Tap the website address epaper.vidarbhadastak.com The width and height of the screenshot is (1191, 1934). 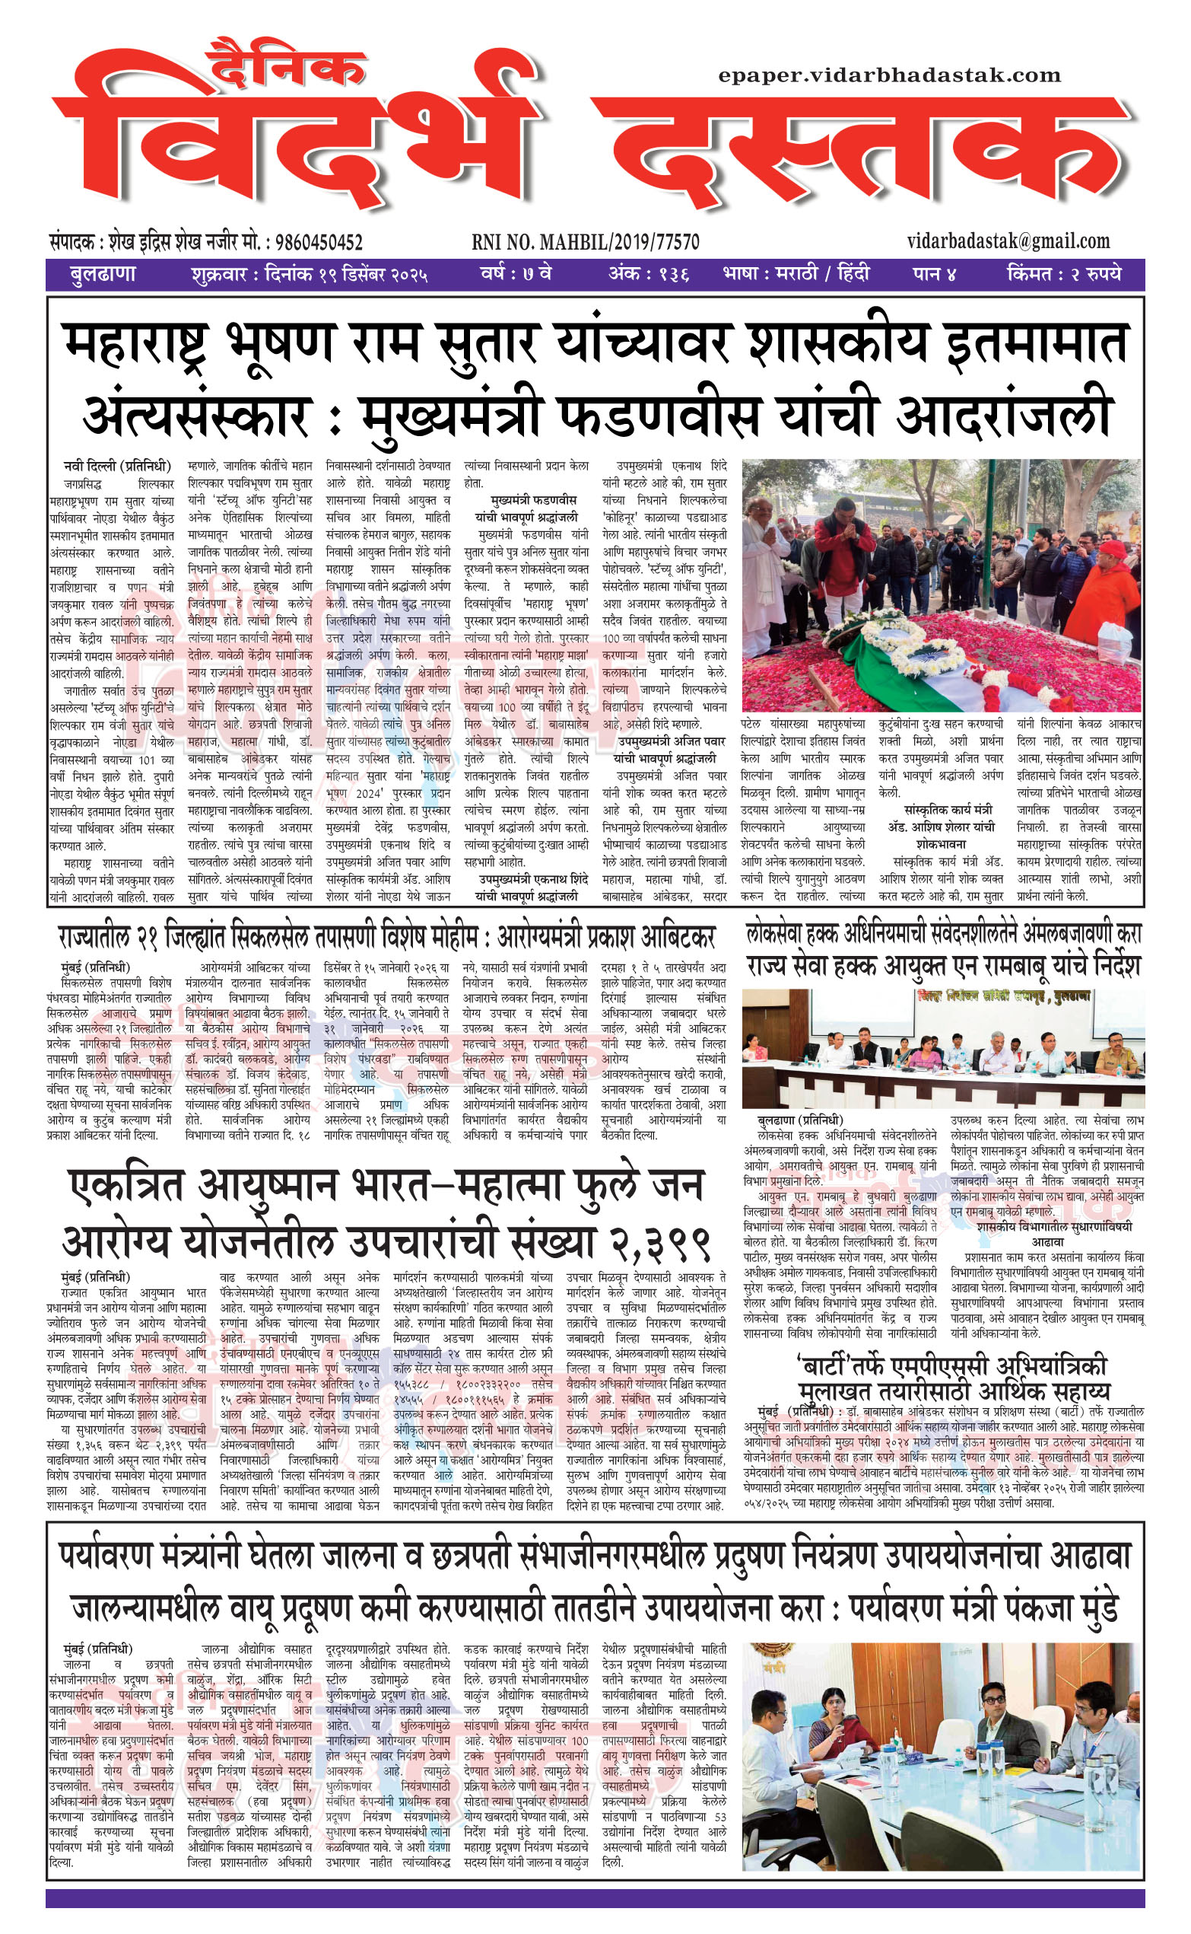[889, 75]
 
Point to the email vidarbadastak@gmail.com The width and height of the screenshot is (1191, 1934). [1008, 241]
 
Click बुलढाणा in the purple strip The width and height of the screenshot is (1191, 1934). [103, 275]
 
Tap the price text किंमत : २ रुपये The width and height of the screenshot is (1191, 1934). [1063, 275]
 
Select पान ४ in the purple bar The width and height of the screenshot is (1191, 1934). [934, 275]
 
